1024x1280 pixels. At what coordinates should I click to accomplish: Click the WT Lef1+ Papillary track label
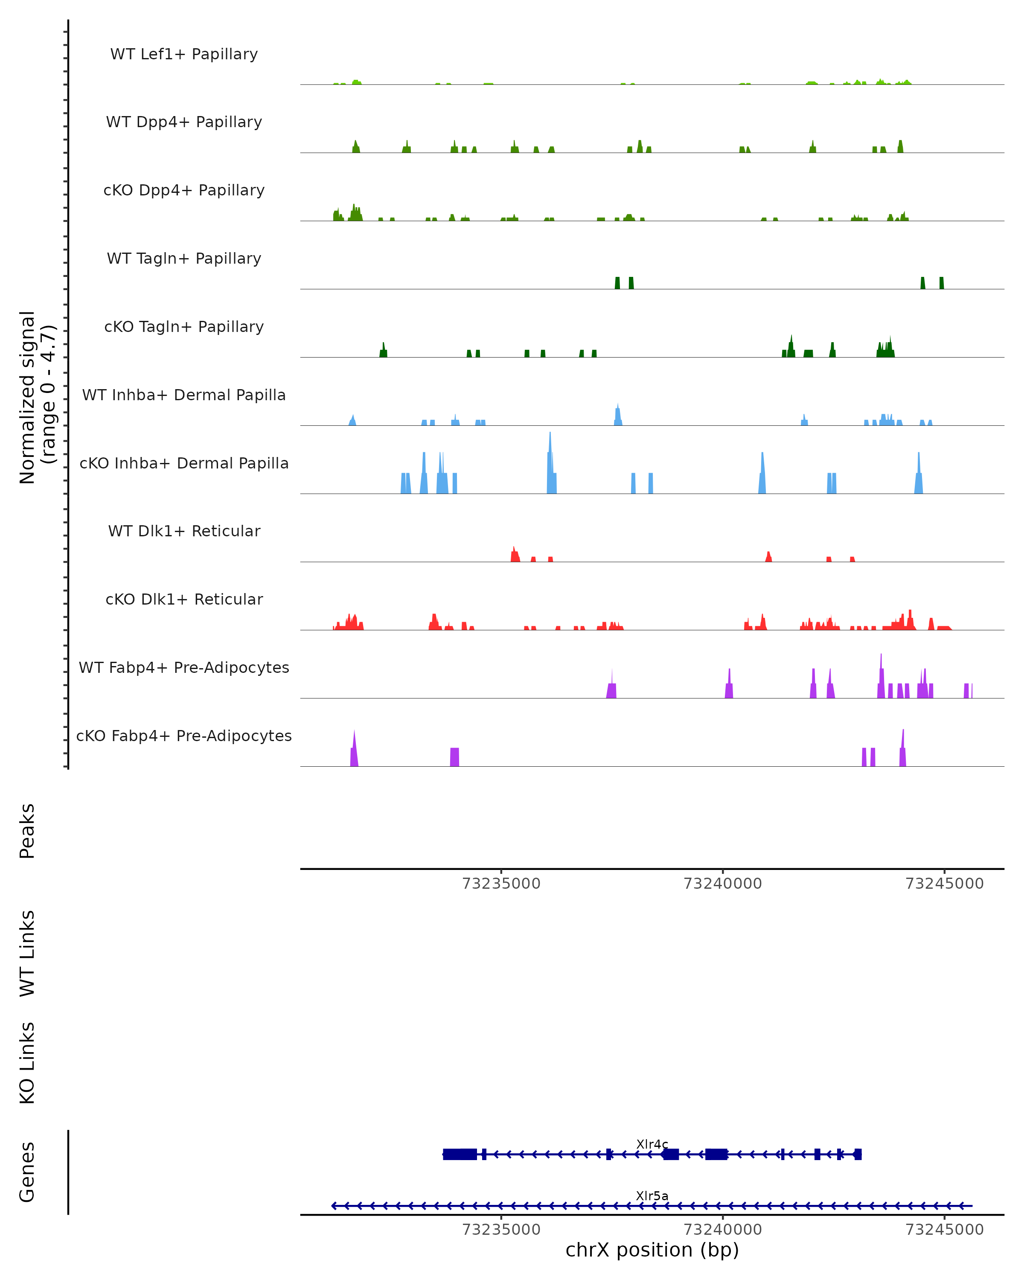(184, 54)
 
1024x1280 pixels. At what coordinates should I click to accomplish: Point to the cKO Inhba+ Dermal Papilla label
(184, 463)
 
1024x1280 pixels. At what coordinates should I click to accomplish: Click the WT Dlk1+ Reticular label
(184, 531)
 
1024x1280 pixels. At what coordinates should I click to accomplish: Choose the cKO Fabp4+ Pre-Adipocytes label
(184, 736)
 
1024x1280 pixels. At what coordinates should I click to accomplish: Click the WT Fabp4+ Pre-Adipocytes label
(184, 667)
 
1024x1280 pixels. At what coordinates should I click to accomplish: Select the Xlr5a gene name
(652, 1196)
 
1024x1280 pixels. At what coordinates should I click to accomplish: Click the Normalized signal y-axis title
(37, 396)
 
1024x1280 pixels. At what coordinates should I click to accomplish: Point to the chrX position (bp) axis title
(652, 1250)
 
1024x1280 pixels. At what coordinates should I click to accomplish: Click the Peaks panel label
(27, 831)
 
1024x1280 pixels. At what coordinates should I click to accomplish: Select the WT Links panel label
(27, 953)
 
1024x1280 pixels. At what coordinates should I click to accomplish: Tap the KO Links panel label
(27, 1063)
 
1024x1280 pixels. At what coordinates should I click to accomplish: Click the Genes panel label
(27, 1172)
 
